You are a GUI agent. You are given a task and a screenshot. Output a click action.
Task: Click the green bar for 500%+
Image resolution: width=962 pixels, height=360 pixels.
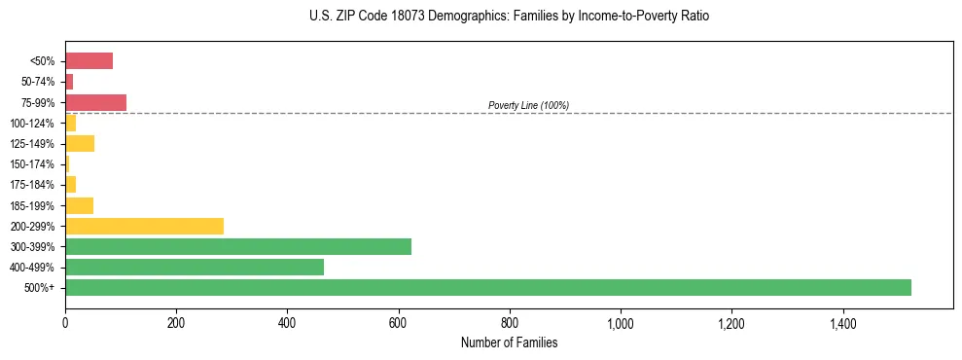487,287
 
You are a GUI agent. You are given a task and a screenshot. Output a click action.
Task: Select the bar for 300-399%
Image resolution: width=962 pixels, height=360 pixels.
238,246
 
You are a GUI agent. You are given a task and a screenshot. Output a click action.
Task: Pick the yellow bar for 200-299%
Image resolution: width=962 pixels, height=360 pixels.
144,226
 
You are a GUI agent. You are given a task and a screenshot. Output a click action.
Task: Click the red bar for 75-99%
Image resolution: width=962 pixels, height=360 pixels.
95,102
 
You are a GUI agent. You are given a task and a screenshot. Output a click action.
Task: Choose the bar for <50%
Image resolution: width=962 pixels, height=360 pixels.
89,61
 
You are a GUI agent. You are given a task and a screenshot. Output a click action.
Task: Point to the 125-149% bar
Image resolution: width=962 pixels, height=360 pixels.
80,144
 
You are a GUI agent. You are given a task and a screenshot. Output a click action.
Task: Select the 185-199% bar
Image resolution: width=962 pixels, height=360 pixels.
79,205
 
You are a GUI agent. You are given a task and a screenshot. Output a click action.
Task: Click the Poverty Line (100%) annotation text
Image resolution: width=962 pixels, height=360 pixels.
528,105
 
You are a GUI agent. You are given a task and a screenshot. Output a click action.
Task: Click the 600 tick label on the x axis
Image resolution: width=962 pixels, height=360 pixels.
398,323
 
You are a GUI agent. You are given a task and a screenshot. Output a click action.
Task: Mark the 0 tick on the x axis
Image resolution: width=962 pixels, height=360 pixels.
65,323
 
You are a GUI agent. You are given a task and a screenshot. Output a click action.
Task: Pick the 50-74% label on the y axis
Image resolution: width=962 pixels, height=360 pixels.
38,82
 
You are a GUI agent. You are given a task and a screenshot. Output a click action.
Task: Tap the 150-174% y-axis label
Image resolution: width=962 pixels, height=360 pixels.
32,164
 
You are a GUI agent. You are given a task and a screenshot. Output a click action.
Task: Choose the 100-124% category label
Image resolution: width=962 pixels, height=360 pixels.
32,124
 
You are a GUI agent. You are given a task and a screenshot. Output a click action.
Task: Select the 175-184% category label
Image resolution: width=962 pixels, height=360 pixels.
32,185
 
